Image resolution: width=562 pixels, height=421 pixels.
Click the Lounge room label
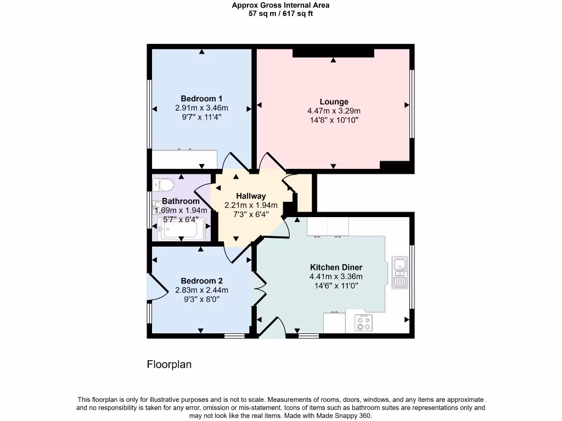(334, 101)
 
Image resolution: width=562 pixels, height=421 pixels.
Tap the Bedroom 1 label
(201, 99)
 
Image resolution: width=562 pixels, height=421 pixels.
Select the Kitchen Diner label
(336, 268)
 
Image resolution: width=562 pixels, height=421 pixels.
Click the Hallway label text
(251, 196)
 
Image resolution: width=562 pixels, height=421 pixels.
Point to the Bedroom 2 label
(201, 281)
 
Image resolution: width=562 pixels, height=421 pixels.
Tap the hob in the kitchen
(363, 323)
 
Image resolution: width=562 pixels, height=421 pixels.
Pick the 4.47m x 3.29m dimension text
(334, 111)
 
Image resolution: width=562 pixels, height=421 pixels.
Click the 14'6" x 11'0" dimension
(336, 286)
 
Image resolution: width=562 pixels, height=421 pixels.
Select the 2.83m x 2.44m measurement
(201, 290)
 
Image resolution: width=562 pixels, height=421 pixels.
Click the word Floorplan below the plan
(169, 365)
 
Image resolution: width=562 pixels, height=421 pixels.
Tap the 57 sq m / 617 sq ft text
(280, 14)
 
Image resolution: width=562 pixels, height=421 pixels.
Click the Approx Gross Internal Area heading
(280, 5)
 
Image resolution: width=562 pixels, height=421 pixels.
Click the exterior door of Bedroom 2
(155, 287)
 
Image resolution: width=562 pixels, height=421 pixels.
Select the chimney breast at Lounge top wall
(333, 53)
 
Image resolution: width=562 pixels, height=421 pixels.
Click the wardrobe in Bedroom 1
(184, 159)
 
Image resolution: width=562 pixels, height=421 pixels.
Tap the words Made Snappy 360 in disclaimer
(347, 416)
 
